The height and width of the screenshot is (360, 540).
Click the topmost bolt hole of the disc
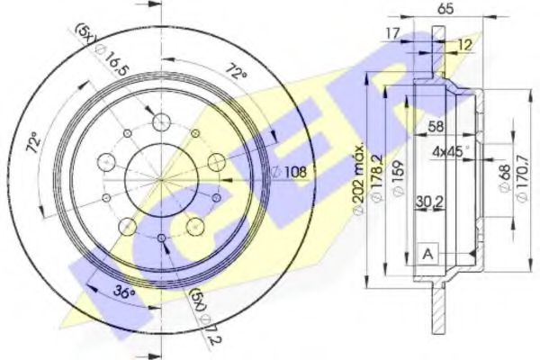point(162,121)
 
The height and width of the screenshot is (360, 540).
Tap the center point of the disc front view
point(162,180)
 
